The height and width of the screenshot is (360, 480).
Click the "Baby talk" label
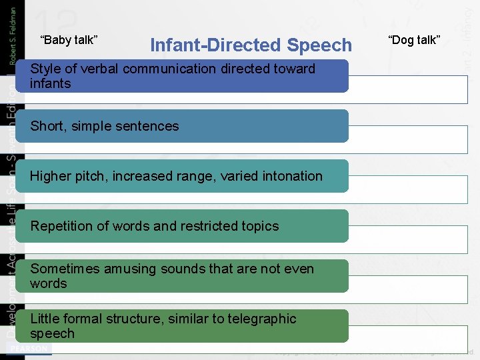tap(69, 40)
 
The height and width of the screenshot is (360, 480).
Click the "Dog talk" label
tap(414, 40)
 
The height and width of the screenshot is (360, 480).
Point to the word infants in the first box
tap(50, 83)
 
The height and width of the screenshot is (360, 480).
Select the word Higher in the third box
tap(51, 176)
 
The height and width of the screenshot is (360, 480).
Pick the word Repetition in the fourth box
tap(62, 226)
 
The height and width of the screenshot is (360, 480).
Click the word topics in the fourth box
tap(259, 226)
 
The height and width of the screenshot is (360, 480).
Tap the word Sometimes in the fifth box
tap(62, 269)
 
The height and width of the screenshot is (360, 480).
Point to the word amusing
tap(125, 269)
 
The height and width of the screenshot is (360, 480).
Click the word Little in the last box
tap(44, 319)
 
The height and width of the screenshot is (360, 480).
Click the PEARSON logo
tap(28, 349)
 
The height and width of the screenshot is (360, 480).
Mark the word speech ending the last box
tap(52, 333)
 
